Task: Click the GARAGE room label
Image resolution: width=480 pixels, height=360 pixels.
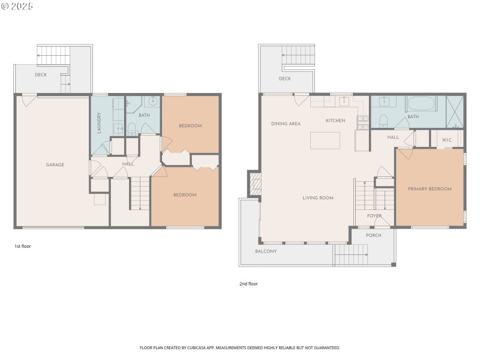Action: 55,164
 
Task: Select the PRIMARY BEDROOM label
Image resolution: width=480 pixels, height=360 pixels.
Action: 430,189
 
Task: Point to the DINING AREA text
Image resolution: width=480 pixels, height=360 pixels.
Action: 286,124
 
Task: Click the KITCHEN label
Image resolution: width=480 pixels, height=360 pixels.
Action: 335,121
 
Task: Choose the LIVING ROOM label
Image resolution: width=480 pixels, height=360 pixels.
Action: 317,197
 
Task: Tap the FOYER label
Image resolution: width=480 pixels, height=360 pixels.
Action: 374,216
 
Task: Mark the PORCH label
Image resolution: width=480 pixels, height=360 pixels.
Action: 374,235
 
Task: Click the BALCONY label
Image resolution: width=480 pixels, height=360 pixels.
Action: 266,251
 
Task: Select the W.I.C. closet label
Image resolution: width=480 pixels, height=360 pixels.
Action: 447,140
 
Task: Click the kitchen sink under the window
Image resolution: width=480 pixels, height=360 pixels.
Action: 344,101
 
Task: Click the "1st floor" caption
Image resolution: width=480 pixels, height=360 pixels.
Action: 23,247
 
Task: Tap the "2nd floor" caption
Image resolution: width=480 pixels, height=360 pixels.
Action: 248,284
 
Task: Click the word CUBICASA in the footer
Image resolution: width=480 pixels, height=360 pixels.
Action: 205,348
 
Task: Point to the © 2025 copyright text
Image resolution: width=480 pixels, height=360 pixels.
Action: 17,6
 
